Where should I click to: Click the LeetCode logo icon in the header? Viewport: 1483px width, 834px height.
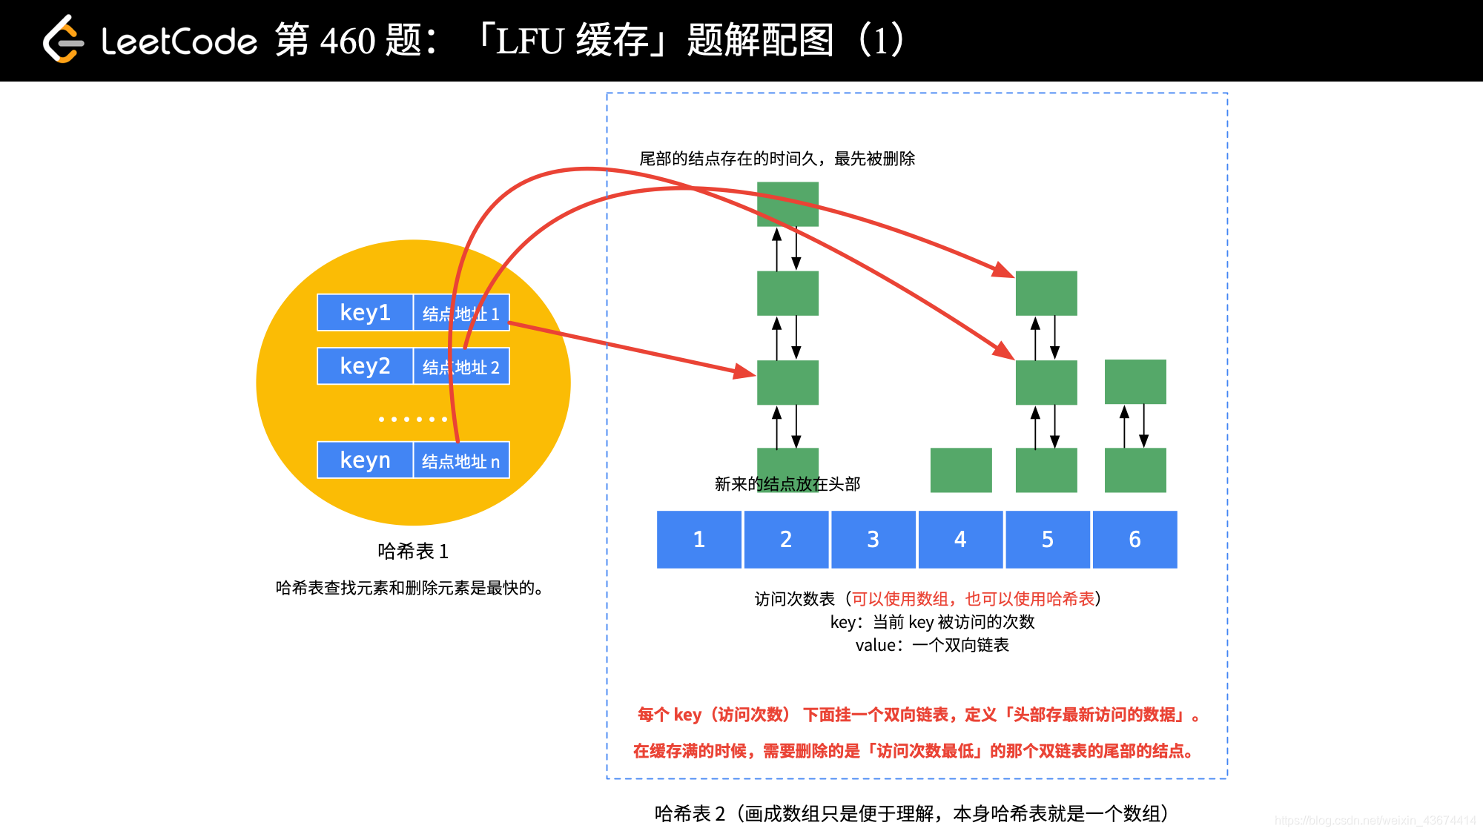pyautogui.click(x=62, y=40)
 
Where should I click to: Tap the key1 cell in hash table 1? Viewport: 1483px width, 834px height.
pyautogui.click(x=365, y=312)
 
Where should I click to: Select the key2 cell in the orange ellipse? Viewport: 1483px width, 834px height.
pyautogui.click(x=365, y=365)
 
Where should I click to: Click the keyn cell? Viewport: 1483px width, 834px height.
pyautogui.click(x=365, y=460)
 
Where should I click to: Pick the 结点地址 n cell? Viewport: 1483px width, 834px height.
pyautogui.click(x=461, y=460)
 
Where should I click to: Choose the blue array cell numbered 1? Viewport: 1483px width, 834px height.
pyautogui.click(x=698, y=539)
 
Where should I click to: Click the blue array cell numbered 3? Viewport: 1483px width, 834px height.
pyautogui.click(x=873, y=539)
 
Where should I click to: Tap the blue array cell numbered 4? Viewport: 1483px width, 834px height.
pyautogui.click(x=960, y=539)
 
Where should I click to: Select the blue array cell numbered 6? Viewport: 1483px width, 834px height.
pyautogui.click(x=1134, y=539)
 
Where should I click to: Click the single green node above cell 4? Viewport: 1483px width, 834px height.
pyautogui.click(x=961, y=469)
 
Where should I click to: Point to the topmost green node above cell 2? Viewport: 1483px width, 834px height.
pyautogui.click(x=787, y=204)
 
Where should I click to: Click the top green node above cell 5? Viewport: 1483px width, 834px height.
pyautogui.click(x=1046, y=293)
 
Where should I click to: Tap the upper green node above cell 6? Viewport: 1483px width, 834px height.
pyautogui.click(x=1135, y=382)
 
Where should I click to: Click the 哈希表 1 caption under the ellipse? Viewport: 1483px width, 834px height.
pyautogui.click(x=413, y=552)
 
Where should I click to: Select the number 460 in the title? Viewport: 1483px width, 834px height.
pyautogui.click(x=348, y=41)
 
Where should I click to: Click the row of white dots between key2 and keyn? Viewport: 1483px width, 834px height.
pyautogui.click(x=413, y=420)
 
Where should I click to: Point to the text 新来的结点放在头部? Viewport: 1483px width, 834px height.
pyautogui.click(x=787, y=484)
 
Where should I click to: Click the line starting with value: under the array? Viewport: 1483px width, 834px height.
pyautogui.click(x=932, y=645)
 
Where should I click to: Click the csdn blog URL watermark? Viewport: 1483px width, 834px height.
pyautogui.click(x=1375, y=820)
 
